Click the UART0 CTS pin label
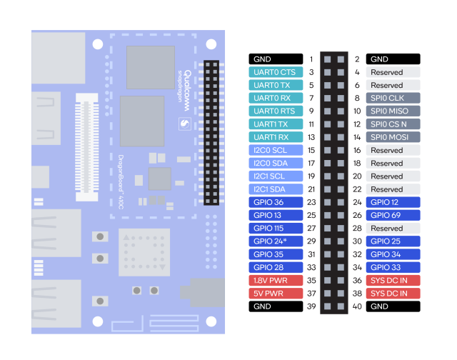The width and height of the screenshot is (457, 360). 275,72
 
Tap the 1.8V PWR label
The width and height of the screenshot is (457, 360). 275,280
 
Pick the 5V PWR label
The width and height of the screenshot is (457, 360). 275,293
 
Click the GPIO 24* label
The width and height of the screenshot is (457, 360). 275,241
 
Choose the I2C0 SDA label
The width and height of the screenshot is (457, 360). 275,163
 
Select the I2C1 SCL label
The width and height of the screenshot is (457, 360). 275,176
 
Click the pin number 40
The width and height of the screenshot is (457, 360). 357,306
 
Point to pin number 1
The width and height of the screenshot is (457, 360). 311,59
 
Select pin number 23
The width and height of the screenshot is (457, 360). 311,202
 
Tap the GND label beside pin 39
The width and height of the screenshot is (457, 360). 275,306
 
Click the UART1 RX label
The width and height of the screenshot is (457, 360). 275,137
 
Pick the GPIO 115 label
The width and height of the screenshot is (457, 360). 275,228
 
